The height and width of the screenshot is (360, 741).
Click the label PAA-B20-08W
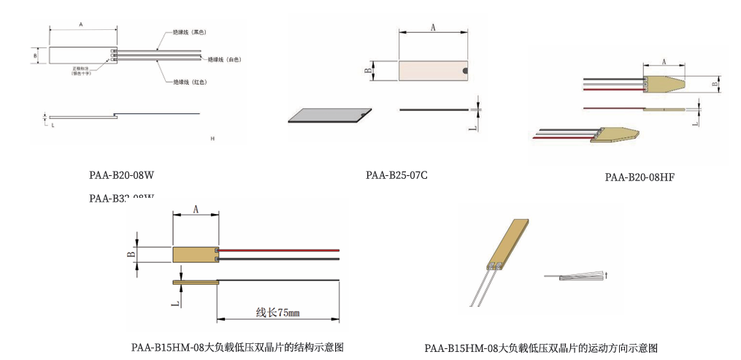(121, 175)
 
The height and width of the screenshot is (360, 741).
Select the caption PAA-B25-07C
(396, 175)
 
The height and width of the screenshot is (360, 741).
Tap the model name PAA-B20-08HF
(640, 177)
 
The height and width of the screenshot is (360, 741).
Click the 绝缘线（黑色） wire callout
(189, 33)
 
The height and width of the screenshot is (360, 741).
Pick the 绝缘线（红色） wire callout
(189, 82)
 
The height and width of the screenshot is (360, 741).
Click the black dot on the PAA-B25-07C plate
(464, 71)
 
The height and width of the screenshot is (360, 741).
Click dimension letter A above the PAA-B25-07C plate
(433, 28)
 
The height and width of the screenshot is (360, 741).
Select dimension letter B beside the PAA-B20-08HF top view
(715, 85)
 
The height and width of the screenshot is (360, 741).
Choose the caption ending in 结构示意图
(237, 347)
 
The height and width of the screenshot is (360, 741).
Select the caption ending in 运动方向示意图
(541, 348)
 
